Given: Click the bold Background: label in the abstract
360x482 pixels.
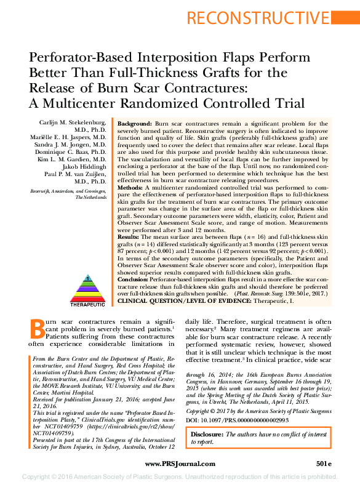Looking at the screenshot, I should tap(134, 124).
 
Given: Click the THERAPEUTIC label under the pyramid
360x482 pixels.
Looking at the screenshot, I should tap(87, 305).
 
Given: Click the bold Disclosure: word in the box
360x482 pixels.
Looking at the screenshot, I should tap(209, 434).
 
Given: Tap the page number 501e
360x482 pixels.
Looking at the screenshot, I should tap(324, 462).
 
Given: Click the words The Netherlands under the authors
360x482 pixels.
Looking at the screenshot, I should tap(91, 198).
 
